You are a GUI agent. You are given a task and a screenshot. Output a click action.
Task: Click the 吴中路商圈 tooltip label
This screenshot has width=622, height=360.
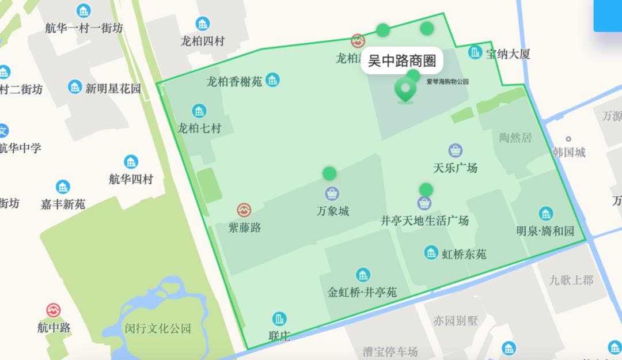point(402,60)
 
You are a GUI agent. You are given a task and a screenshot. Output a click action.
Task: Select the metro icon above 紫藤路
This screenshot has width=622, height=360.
point(244,210)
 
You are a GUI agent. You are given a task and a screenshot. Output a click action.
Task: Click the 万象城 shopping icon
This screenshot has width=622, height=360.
point(332,194)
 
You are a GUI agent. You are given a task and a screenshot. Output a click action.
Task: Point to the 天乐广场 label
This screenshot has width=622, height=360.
point(455,168)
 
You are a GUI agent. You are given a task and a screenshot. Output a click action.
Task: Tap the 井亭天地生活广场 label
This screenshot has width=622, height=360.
point(424,221)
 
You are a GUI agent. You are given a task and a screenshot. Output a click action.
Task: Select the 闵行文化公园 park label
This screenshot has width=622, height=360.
point(157,329)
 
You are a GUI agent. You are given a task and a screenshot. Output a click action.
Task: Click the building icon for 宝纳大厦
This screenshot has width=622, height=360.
point(475,52)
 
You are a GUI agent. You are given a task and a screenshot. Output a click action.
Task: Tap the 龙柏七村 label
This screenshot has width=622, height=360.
point(199,128)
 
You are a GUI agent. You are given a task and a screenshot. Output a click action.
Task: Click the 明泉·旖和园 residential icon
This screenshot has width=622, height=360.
point(545,214)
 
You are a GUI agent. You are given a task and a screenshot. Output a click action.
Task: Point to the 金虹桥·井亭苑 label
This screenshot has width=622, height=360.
point(362,292)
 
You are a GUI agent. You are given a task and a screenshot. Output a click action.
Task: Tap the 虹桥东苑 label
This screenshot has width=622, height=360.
point(464,253)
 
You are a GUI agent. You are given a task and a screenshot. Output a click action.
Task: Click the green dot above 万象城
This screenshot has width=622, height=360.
point(329,173)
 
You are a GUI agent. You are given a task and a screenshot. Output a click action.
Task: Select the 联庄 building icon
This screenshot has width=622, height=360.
point(279,319)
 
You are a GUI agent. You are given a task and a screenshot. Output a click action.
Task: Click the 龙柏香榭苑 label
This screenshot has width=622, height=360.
point(234,82)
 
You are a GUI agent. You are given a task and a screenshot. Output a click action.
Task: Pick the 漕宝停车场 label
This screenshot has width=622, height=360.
point(390,351)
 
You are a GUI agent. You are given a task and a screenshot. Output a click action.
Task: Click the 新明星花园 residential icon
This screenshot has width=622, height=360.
point(75,87)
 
